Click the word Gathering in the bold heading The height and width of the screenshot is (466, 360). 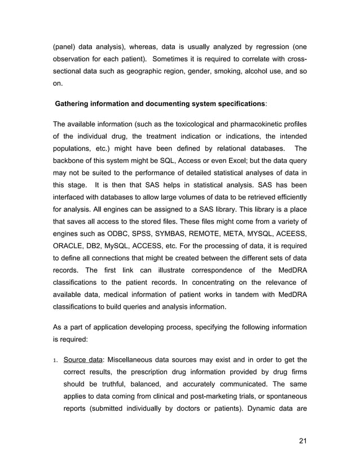click(75, 105)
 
